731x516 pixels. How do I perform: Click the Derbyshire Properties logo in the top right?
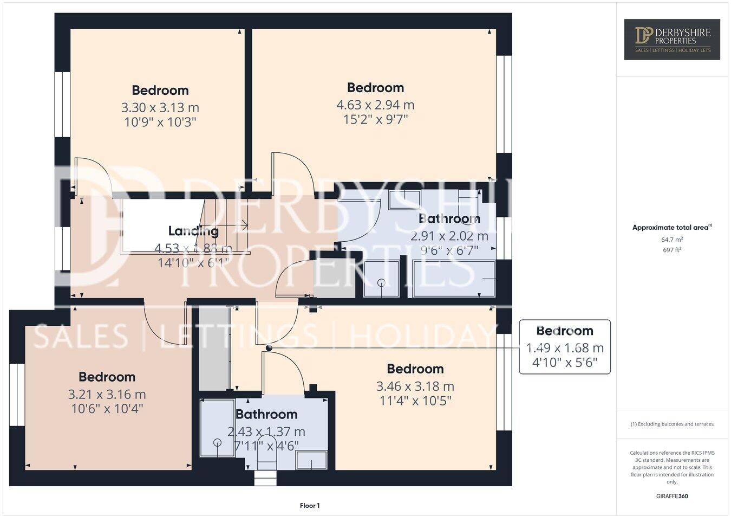(671, 40)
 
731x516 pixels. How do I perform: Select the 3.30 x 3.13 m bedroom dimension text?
(160, 108)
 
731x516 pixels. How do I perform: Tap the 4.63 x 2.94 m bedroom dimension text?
(375, 105)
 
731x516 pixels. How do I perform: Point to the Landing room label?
(193, 231)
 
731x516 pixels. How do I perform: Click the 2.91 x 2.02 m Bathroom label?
(449, 219)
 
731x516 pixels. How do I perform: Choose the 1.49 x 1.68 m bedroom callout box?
(565, 347)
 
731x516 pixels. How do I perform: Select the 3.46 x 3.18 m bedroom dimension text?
(415, 386)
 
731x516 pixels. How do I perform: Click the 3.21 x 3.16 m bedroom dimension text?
(107, 395)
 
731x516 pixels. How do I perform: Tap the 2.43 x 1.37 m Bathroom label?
(266, 415)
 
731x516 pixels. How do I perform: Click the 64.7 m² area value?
(672, 239)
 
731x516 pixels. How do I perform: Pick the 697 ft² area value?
(672, 250)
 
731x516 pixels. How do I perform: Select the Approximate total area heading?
(672, 228)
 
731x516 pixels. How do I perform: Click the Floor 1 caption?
(310, 506)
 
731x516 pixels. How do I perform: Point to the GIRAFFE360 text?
(672, 495)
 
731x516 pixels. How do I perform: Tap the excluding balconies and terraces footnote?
(672, 424)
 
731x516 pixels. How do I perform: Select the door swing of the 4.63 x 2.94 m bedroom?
(292, 171)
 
